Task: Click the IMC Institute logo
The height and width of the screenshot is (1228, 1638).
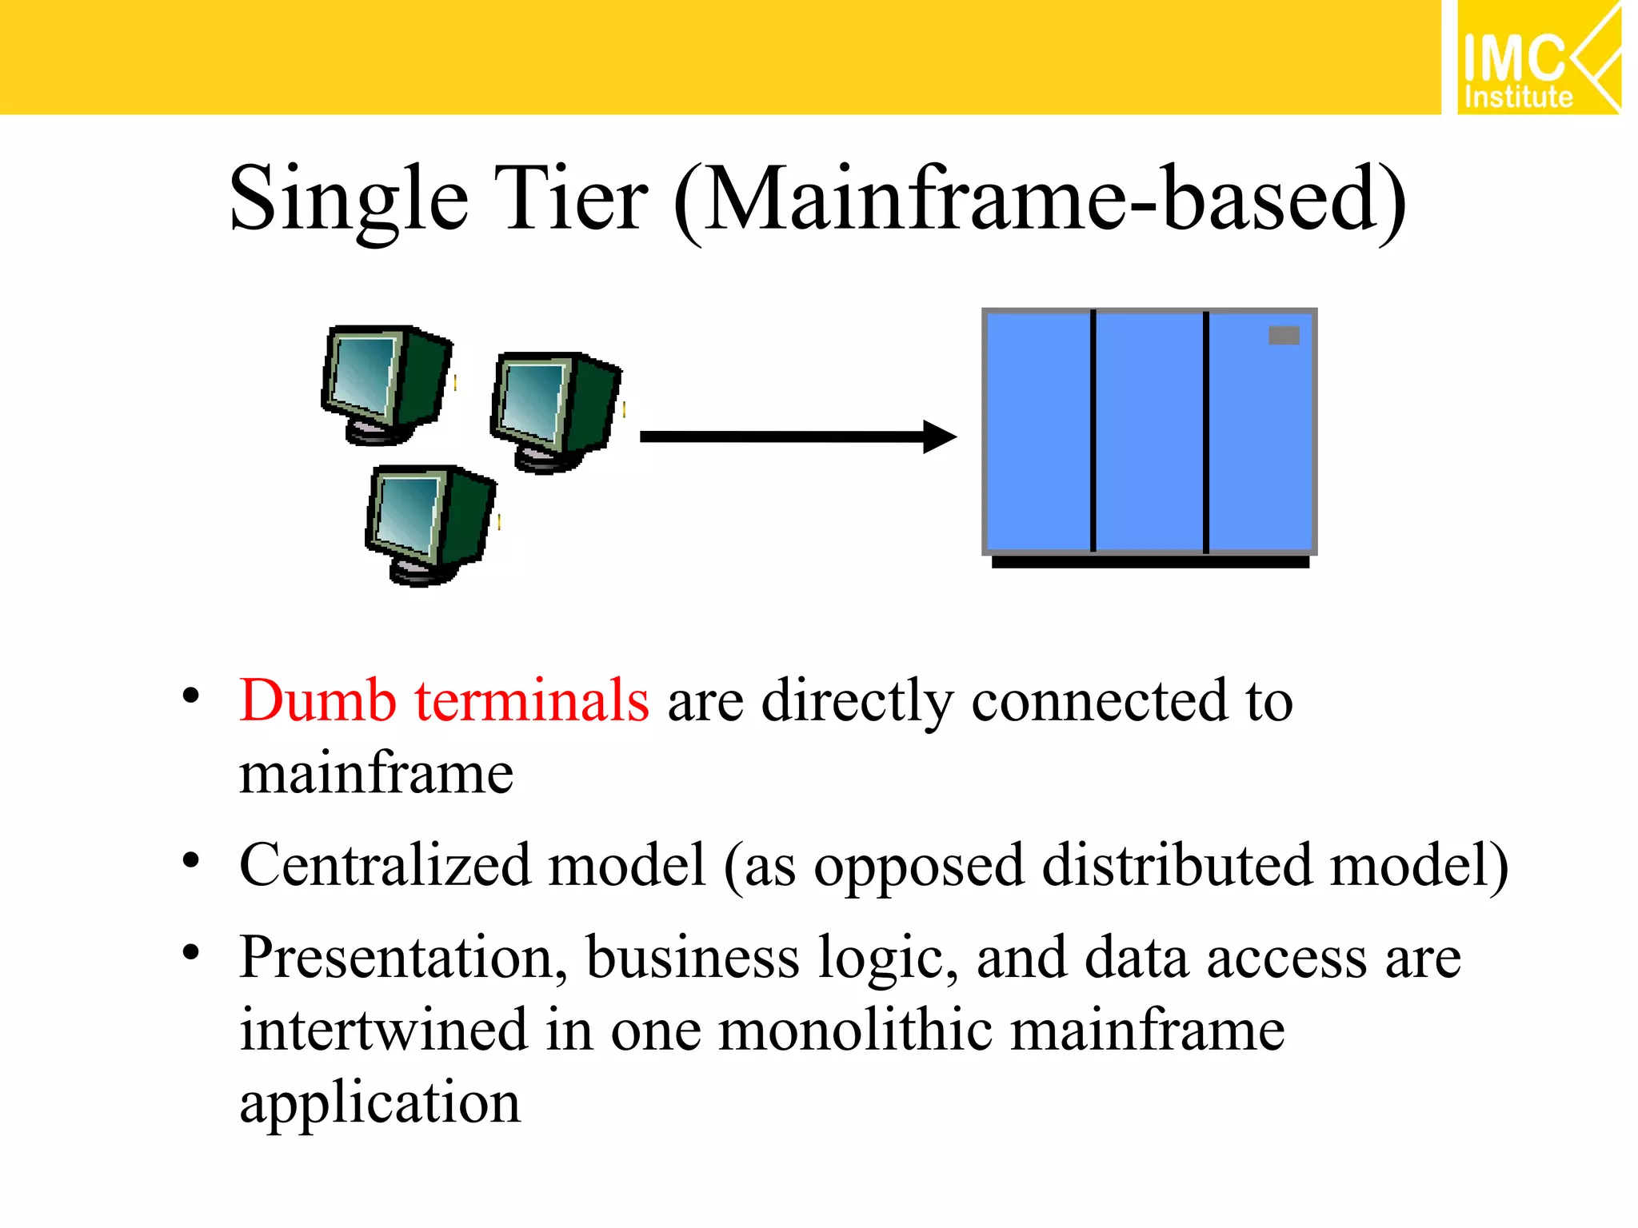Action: tap(1537, 58)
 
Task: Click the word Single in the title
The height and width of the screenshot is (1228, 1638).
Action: tap(348, 198)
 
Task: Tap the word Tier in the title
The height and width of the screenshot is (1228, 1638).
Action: tap(569, 198)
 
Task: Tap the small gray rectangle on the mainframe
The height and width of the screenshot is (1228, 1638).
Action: tap(1284, 336)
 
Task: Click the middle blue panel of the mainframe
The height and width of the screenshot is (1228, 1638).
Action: tap(1149, 432)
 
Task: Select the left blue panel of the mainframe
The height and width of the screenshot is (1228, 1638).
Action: tap(1038, 432)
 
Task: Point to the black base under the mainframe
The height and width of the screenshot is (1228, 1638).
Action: tap(1149, 562)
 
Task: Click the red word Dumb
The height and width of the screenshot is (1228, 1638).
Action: tap(318, 701)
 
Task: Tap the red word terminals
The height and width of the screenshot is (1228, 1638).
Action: tap(531, 701)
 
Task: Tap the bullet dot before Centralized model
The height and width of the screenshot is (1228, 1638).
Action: tap(190, 861)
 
